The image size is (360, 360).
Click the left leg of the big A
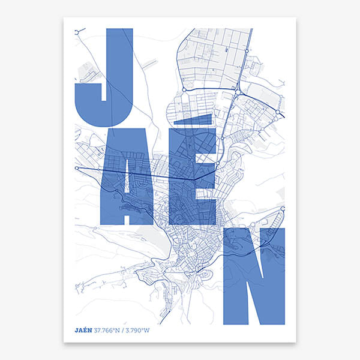pyautogui.click(x=110, y=192)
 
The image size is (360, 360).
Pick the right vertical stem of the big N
pyautogui.click(x=275, y=276)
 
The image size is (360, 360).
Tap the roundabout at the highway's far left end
pyautogui.click(x=77, y=169)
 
